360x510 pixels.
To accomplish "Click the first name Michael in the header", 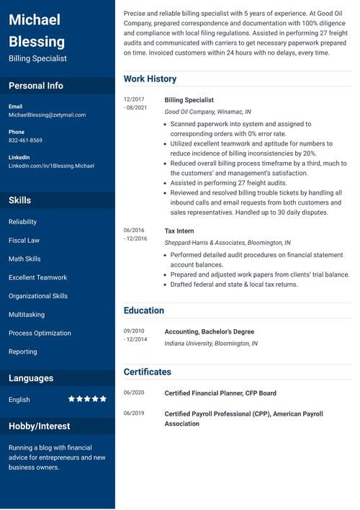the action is point(35,19).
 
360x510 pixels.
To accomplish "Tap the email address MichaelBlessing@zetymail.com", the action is point(47,115).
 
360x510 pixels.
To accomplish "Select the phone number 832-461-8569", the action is point(25,140).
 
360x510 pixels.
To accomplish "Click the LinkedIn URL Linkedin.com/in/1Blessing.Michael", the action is point(51,166).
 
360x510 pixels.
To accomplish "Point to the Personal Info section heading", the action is point(36,86).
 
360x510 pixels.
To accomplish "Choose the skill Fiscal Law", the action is point(24,240).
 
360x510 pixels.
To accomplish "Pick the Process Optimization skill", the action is point(40,333).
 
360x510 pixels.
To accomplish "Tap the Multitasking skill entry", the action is point(27,315).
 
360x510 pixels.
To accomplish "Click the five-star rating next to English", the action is point(87,399).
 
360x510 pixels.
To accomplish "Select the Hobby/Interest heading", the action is point(39,426).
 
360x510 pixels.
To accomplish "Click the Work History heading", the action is point(150,79).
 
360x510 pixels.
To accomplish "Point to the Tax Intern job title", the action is point(179,231).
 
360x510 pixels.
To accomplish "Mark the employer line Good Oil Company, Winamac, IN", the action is point(208,112).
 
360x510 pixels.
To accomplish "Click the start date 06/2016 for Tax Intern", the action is point(134,231).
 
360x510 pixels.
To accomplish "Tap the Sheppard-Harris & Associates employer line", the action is point(228,243).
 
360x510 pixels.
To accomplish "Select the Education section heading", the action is point(144,310).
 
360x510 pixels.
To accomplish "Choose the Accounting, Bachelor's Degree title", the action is point(210,331).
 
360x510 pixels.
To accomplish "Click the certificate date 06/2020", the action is point(134,393).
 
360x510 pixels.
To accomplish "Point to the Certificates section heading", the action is point(148,372).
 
